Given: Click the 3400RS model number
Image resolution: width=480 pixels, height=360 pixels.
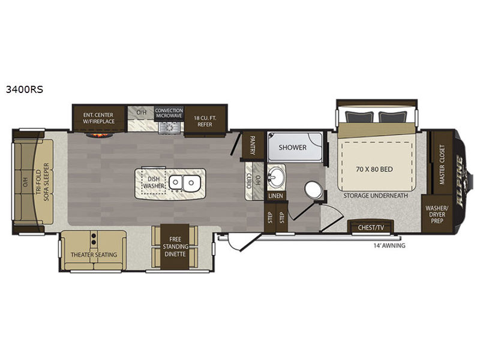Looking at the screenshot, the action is click(x=25, y=89).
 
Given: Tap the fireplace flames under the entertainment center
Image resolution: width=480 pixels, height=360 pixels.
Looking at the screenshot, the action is click(x=100, y=134).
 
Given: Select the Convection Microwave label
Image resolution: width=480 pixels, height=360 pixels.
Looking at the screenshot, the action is click(x=169, y=113).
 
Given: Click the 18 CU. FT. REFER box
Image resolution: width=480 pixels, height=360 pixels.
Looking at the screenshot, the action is click(x=205, y=121).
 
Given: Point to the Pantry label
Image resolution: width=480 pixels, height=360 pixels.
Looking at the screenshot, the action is click(x=253, y=145).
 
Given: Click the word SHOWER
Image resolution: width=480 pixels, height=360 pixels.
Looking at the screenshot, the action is click(x=292, y=147).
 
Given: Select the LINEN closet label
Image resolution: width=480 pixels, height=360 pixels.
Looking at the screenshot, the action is click(x=275, y=196).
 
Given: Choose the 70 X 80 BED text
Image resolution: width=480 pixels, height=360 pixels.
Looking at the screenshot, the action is click(x=374, y=169).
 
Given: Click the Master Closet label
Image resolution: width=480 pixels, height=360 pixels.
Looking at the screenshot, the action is click(x=442, y=164).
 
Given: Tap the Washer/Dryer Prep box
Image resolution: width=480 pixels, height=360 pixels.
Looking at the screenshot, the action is click(x=437, y=214).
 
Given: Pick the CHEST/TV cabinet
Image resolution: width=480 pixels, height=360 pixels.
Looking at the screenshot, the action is click(x=371, y=227).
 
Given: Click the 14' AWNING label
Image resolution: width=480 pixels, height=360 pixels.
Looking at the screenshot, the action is click(x=389, y=245).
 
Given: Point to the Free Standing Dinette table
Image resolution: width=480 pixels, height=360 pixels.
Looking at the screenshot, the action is click(x=175, y=247).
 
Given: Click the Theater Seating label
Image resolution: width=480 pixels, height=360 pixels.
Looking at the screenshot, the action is click(x=94, y=254).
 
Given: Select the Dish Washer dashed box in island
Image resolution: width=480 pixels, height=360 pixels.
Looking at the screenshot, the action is click(x=153, y=182).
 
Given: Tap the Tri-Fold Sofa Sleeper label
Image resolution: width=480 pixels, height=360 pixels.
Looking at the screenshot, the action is click(x=42, y=182).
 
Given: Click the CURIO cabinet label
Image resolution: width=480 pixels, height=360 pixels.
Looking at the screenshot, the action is click(x=248, y=181).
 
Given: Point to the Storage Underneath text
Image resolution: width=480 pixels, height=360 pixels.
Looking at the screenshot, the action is click(x=376, y=196).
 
